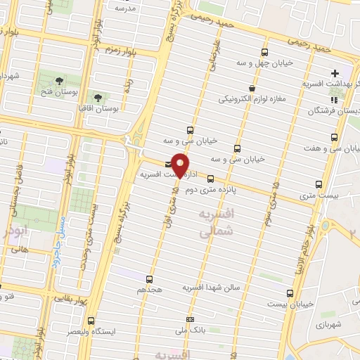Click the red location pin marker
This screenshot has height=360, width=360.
tap(181, 165)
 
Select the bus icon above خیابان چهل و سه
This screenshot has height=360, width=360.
tap(264, 53)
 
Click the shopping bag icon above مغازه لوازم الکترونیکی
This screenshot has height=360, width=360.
tap(252, 89)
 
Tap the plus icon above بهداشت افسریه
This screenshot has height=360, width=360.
tap(335, 73)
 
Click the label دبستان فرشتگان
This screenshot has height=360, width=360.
tap(335, 111)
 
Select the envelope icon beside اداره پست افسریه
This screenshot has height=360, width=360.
tap(167, 164)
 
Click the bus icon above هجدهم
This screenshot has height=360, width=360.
tap(148, 278)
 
